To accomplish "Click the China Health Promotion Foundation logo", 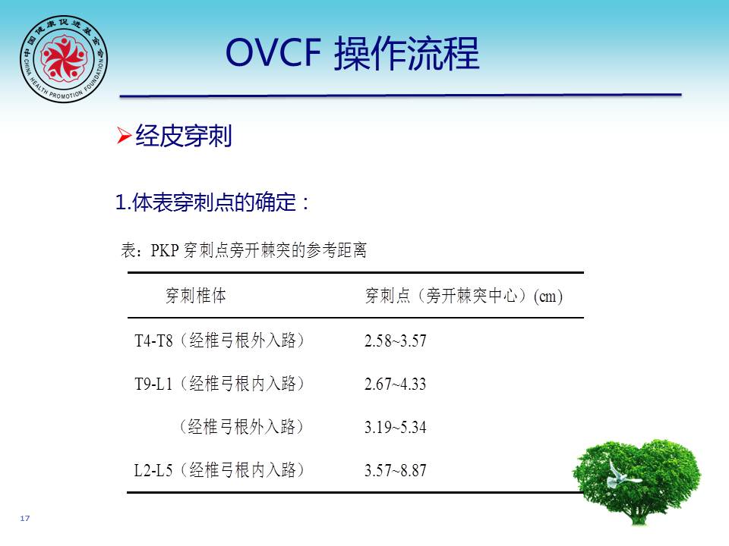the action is click(x=64, y=59).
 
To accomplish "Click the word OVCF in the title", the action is click(x=273, y=52).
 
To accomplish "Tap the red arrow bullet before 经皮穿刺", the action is click(x=124, y=136).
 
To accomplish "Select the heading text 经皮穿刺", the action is click(x=183, y=136).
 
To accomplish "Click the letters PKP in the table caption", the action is click(x=165, y=250).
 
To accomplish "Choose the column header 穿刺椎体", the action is click(x=196, y=295).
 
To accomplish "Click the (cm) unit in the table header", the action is click(x=548, y=297).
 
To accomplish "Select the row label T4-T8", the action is click(x=153, y=340).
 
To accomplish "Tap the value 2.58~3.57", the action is click(x=395, y=340).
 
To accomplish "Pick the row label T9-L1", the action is click(x=153, y=384).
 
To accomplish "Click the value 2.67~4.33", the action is click(x=395, y=384).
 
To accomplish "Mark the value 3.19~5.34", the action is click(x=395, y=427).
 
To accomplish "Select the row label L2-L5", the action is click(x=153, y=470).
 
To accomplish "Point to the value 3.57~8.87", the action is click(x=395, y=470).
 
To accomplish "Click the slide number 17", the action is click(x=25, y=518).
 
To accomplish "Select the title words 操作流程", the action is click(x=406, y=53).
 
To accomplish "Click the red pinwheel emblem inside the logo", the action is click(x=64, y=58).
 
